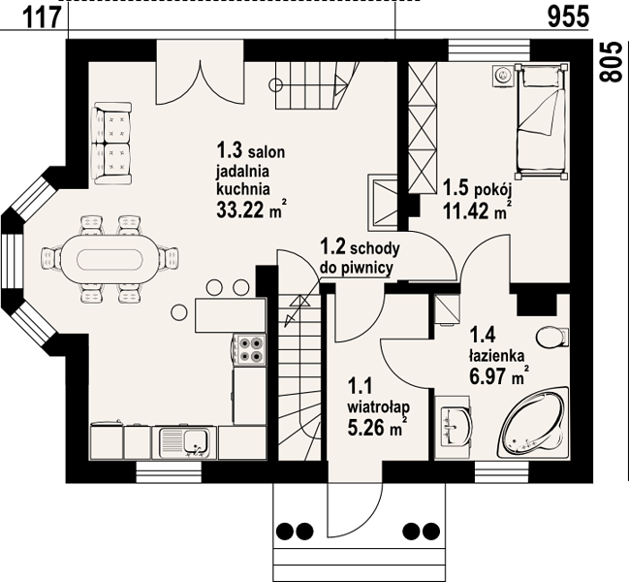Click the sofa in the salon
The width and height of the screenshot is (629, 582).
tap(111, 144)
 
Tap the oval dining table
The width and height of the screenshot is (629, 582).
tap(110, 259)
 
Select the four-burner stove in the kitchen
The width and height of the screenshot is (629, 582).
tap(249, 349)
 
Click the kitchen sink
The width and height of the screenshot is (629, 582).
tap(184, 442)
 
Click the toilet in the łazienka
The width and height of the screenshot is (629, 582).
tap(552, 338)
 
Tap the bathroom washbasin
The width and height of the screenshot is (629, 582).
tap(456, 426)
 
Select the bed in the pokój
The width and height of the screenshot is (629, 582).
tap(542, 120)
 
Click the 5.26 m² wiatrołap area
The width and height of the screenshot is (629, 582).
tap(375, 427)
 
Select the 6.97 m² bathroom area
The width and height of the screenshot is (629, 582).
tap(498, 376)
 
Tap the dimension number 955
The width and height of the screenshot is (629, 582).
tap(568, 17)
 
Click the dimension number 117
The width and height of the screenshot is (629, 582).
tap(42, 18)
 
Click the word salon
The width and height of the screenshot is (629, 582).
tap(267, 152)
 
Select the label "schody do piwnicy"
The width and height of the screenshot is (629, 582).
tap(360, 258)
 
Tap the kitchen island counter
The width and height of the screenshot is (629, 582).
tap(231, 315)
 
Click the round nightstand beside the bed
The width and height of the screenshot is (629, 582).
tap(502, 75)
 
